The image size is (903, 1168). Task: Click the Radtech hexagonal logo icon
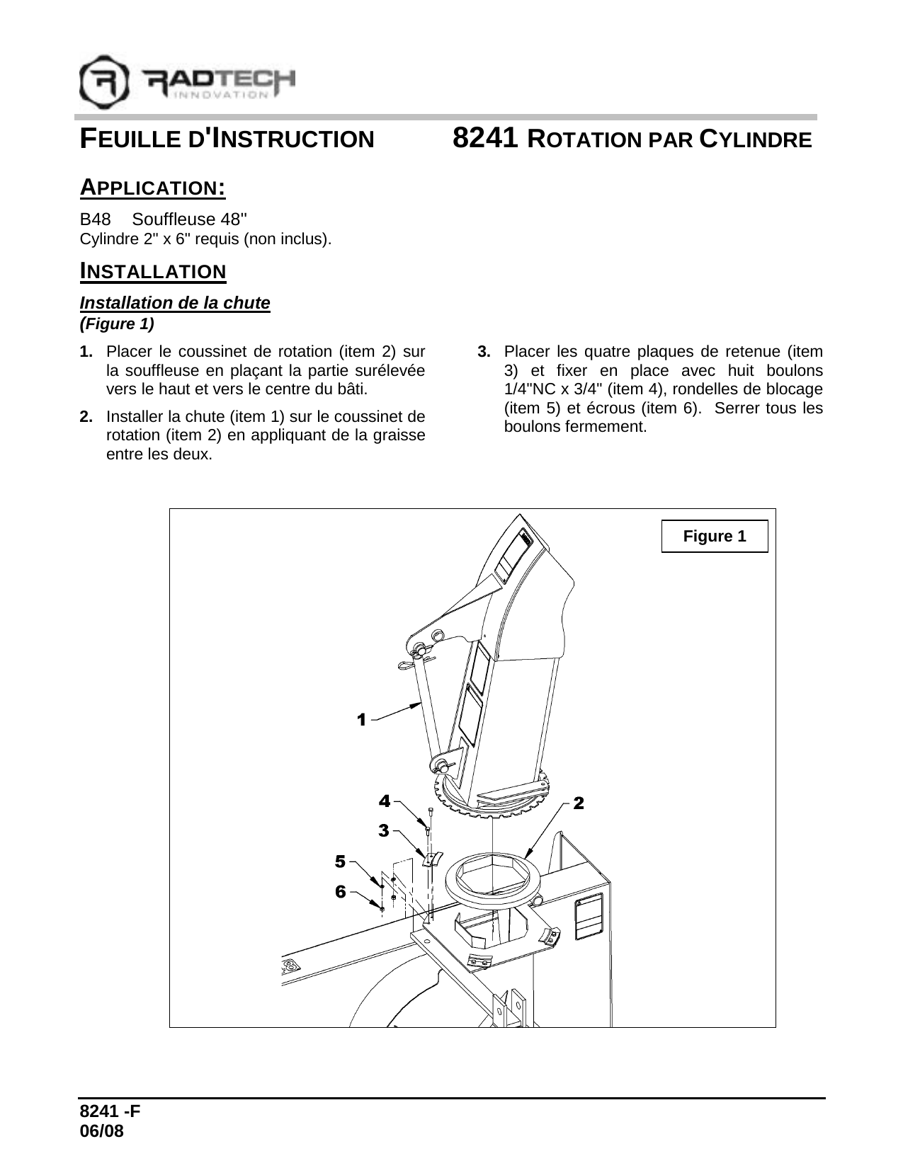[x=105, y=82]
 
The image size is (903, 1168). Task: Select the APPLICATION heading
[x=152, y=188]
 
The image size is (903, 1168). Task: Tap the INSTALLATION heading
[x=152, y=271]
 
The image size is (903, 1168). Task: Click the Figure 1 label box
[x=714, y=536]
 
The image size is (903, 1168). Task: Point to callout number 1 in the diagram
[x=361, y=719]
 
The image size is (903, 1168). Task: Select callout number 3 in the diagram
[x=384, y=830]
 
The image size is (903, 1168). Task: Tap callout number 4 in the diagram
[x=384, y=801]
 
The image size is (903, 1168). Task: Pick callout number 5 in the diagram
[x=341, y=861]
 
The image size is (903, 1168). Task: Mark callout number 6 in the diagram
[x=341, y=891]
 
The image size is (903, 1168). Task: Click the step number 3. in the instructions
[x=484, y=352]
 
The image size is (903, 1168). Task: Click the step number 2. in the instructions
[x=86, y=417]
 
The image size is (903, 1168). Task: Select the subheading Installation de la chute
[x=175, y=303]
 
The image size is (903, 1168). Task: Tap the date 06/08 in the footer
[x=102, y=1132]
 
